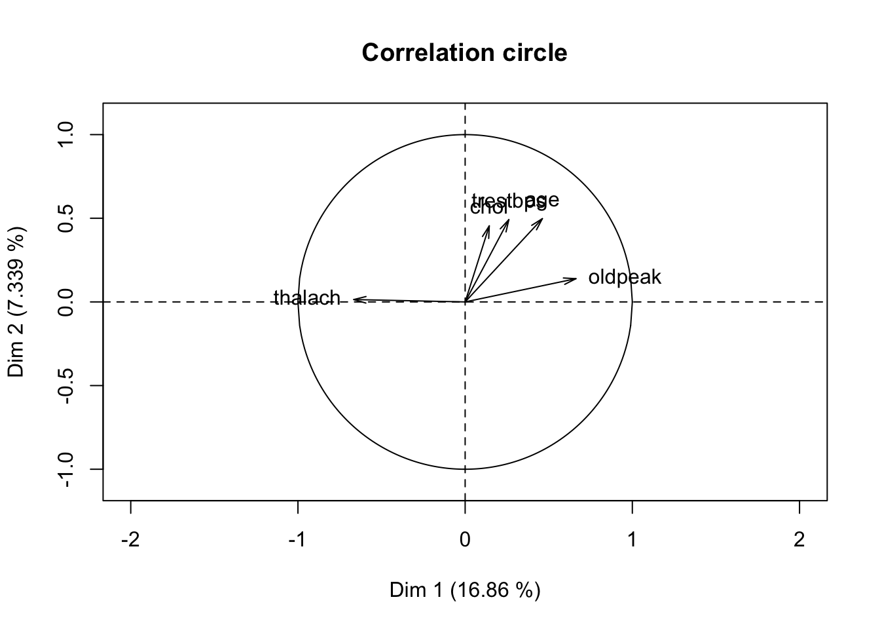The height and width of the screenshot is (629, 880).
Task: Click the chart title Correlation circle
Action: coord(464,52)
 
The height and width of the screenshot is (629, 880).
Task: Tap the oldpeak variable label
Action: coord(625,277)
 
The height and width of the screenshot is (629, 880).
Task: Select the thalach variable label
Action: coord(307,298)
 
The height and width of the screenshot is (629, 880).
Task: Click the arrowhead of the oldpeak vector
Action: coord(576,278)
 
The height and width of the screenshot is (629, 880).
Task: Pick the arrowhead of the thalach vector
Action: coord(354,299)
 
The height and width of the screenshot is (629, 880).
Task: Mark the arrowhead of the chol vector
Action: coord(488,227)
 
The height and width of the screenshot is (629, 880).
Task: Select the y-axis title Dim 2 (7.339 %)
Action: coord(17,302)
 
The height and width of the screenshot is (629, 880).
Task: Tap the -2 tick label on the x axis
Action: coord(130,540)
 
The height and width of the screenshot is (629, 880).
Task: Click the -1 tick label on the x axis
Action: coord(298,540)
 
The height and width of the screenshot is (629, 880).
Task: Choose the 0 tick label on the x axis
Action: coord(465,540)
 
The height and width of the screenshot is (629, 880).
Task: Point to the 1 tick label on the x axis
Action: coord(632,540)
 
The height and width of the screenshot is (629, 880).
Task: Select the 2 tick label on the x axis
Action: coord(799,540)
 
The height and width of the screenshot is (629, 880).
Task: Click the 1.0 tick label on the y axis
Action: coord(65,135)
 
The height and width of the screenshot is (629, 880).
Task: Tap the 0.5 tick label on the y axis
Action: coord(65,218)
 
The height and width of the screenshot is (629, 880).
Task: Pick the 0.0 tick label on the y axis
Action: coord(65,302)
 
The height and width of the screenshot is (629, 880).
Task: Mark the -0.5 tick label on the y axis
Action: coord(65,385)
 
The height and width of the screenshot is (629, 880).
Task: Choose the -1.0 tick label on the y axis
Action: coord(65,469)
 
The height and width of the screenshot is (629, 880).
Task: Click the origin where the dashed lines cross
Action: coord(465,302)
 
